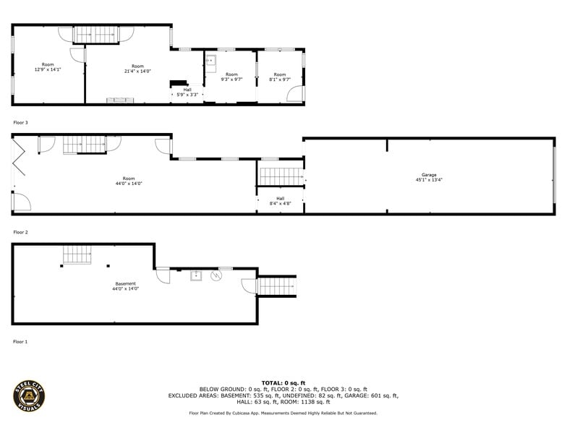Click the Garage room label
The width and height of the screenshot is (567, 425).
click(x=429, y=177)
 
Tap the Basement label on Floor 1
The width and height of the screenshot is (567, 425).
click(x=125, y=286)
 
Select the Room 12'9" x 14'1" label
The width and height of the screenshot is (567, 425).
click(x=48, y=67)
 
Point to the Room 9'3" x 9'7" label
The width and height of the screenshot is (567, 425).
click(x=231, y=77)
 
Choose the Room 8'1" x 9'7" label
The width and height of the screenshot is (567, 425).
click(x=280, y=77)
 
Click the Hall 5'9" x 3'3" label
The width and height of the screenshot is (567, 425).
click(x=187, y=93)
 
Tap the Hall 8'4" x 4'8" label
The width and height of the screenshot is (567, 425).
click(x=280, y=201)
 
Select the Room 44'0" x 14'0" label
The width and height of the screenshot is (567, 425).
click(x=129, y=181)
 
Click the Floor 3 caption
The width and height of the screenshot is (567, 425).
click(x=20, y=123)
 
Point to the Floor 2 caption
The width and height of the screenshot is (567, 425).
click(x=20, y=233)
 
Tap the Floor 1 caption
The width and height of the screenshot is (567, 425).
click(x=20, y=341)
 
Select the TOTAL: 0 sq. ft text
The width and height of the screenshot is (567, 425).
click(x=283, y=382)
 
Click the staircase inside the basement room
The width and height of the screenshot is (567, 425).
click(x=75, y=254)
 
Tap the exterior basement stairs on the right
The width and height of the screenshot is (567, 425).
click(x=277, y=286)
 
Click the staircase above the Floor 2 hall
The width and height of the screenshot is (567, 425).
click(x=280, y=176)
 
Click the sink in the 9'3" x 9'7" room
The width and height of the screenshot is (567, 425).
click(x=212, y=61)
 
